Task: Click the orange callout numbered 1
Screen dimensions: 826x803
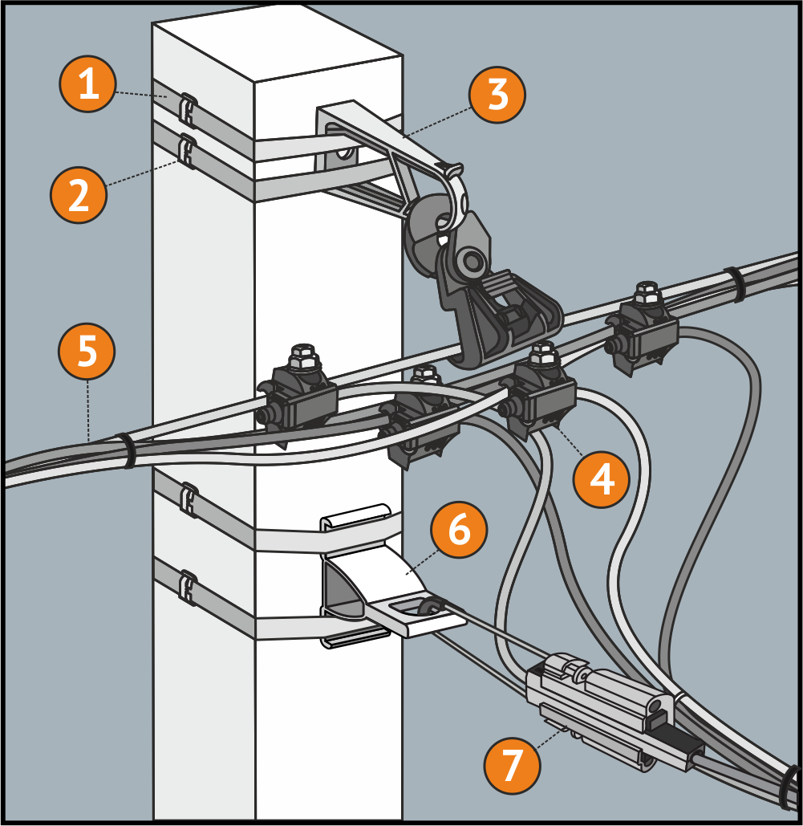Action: pos(88,84)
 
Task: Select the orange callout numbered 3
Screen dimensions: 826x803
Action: pos(497,95)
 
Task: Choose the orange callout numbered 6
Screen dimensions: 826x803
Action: pos(458,531)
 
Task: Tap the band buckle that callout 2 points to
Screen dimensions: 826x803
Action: pos(187,149)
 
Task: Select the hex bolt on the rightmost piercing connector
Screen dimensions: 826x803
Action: pos(646,292)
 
